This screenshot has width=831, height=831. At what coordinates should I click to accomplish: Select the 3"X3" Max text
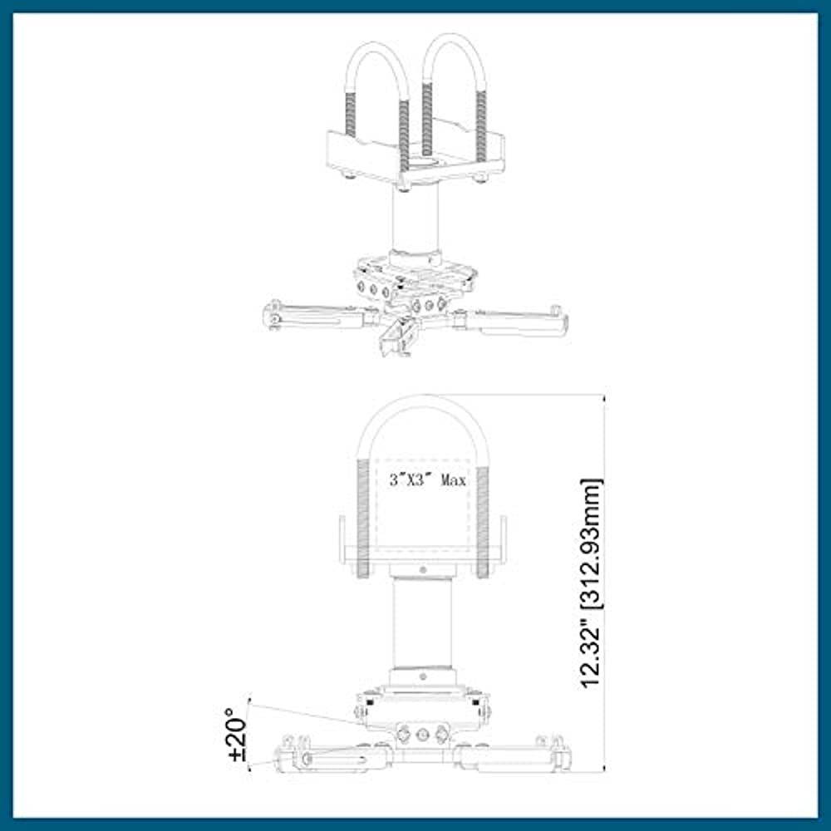point(428,480)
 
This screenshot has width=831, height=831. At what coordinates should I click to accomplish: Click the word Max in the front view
point(454,480)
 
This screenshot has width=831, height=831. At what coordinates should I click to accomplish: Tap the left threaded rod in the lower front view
point(362,515)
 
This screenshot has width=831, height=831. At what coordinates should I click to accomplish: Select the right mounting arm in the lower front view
point(511,756)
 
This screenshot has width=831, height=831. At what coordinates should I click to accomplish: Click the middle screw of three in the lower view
point(423,735)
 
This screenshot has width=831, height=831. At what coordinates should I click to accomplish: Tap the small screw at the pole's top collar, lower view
point(423,571)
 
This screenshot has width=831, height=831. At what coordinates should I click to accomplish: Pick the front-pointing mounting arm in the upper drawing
point(396,337)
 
